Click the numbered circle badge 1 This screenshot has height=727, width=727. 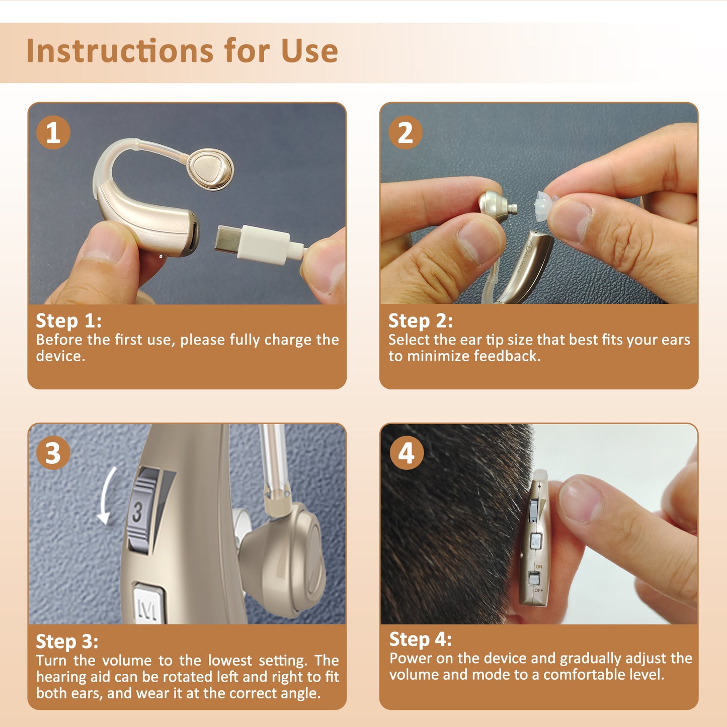(53, 133)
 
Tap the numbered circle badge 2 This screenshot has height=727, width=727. (406, 133)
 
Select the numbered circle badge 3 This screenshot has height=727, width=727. (53, 453)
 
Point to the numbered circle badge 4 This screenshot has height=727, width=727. (407, 453)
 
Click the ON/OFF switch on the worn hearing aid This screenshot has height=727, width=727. (534, 578)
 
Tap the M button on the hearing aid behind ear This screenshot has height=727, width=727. (536, 541)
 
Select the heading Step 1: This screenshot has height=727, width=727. (68, 321)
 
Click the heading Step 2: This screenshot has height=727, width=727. (421, 321)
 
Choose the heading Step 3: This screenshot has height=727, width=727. (67, 641)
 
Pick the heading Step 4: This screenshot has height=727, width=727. (421, 639)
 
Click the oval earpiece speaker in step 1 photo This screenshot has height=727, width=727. (210, 169)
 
